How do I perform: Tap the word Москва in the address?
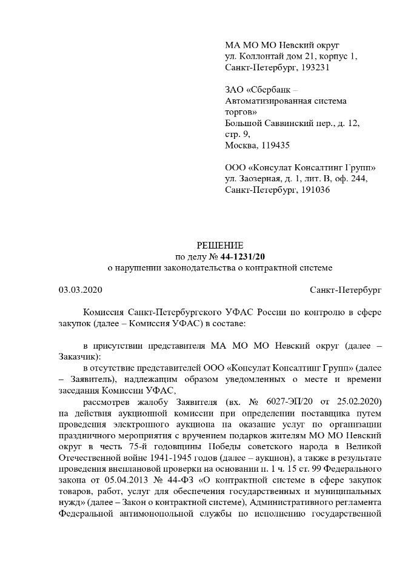tap(241, 145)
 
